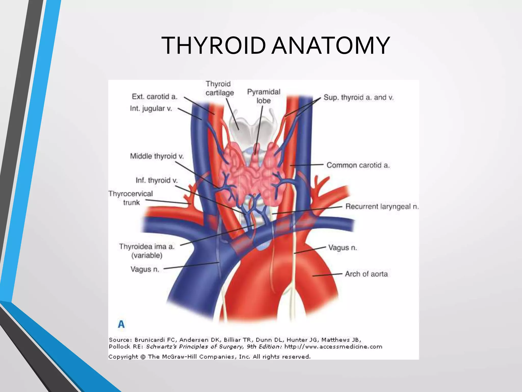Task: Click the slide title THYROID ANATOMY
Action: pos(276,46)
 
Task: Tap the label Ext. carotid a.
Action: pos(154,96)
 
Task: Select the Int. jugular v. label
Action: pos(151,108)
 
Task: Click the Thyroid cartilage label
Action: pos(219,88)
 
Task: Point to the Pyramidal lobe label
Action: pos(264,96)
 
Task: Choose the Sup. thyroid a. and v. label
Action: pos(358,97)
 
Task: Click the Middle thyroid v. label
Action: pos(157,156)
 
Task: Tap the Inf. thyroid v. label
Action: pos(156,180)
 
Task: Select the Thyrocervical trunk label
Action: pos(131,198)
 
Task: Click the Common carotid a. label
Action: pos(358,165)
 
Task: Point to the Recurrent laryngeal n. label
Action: pos(382,206)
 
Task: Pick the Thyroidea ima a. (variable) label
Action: pos(147,251)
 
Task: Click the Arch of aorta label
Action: pos(366,274)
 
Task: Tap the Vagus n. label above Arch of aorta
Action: pos(343,247)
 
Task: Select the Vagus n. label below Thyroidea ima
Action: pos(145,269)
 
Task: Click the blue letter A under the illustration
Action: pos(121,324)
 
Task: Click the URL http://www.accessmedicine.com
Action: pos(333,347)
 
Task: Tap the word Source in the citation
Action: pos(119,340)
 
